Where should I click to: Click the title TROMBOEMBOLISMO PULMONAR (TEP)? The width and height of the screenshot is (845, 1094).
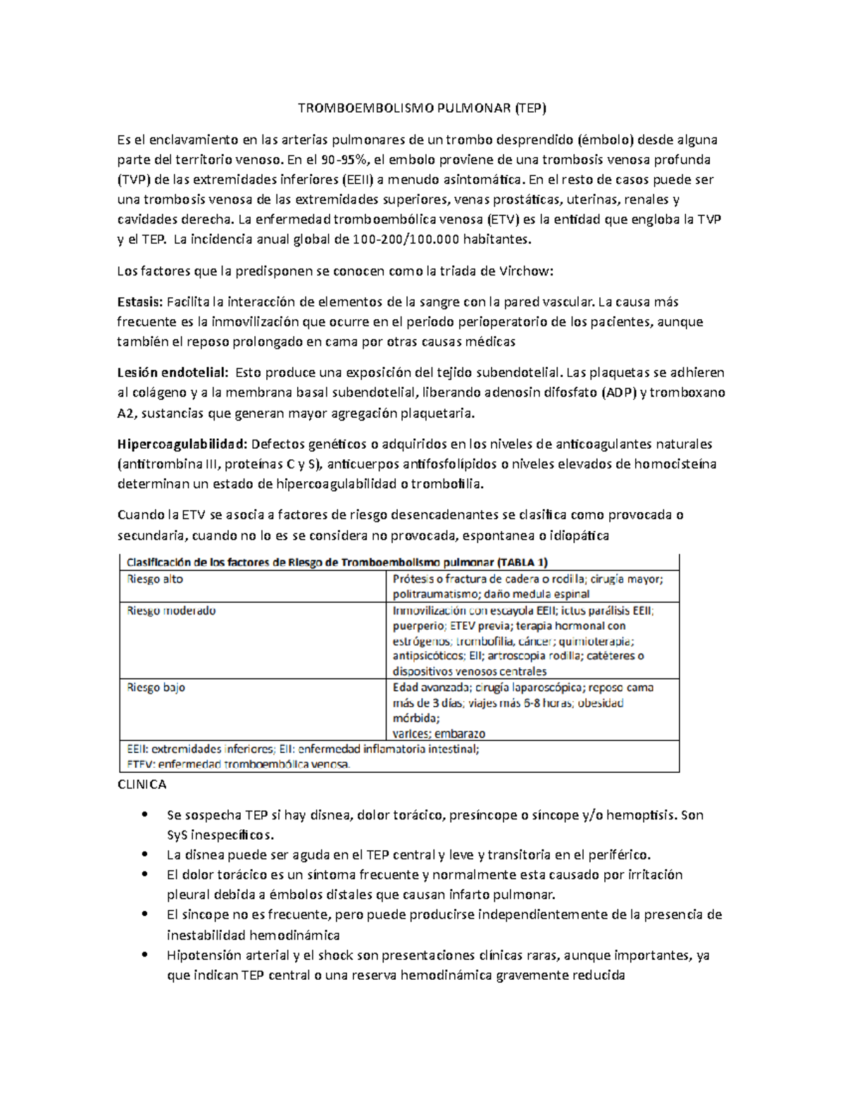[x=422, y=108]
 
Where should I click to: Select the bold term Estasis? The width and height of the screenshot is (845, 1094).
[x=139, y=302]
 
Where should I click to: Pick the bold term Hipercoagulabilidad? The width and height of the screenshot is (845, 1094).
[x=182, y=445]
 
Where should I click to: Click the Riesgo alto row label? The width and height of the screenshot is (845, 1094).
[x=155, y=579]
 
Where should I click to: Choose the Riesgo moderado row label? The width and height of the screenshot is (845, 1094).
[x=171, y=611]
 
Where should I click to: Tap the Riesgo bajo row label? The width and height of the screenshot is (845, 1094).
[x=156, y=688]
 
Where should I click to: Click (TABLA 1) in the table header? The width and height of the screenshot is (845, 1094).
[x=522, y=562]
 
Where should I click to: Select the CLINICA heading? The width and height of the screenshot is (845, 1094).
[x=142, y=785]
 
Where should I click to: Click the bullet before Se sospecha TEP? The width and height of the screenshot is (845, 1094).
[x=144, y=815]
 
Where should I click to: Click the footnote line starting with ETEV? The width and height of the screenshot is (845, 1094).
[x=238, y=764]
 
